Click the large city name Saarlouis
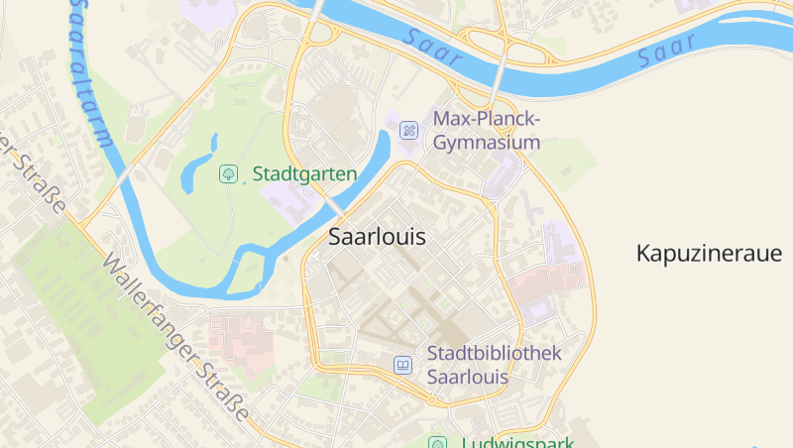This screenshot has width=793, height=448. click(377, 238)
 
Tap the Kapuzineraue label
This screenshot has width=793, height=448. click(709, 254)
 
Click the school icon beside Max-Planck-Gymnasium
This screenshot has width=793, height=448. click(408, 131)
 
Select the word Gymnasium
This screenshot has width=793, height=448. click(487, 143)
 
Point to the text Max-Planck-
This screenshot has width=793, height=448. click(487, 120)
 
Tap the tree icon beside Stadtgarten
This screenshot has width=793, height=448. click(228, 174)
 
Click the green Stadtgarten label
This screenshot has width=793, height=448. click(304, 174)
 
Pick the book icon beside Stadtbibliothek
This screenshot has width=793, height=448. click(402, 365)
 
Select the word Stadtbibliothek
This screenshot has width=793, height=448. click(495, 354)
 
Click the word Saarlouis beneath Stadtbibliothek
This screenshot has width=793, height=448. click(468, 378)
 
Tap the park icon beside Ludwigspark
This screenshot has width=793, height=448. click(437, 442)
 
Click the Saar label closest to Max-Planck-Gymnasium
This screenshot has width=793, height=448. click(434, 47)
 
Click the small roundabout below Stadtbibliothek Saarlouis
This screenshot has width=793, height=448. click(432, 399)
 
